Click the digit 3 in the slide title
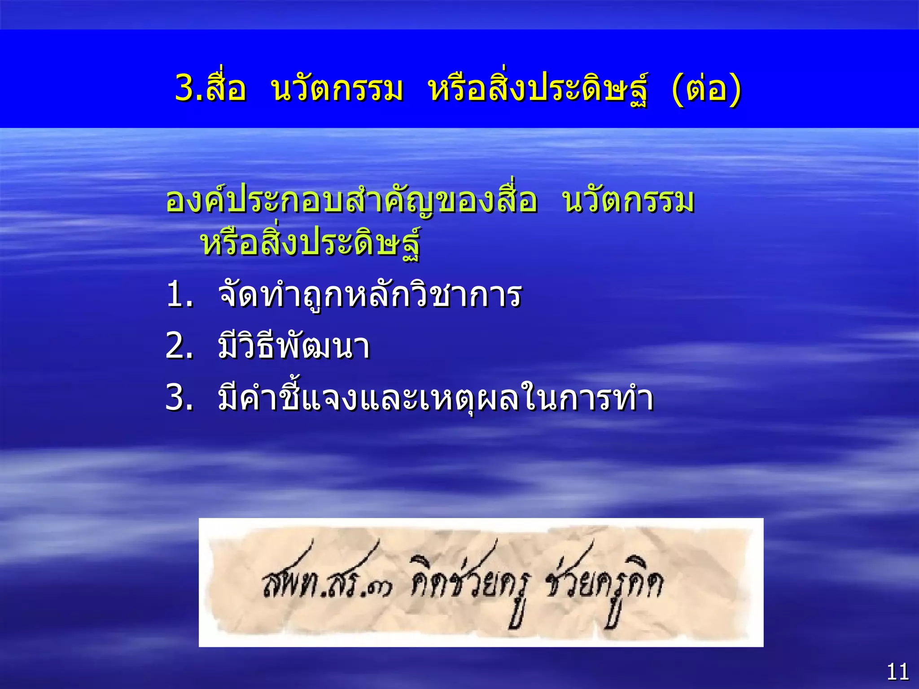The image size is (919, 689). click(x=185, y=88)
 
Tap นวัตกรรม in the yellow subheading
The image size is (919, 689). click(x=628, y=201)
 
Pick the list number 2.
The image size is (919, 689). click(x=179, y=347)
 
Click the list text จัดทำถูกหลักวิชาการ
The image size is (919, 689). click(x=369, y=295)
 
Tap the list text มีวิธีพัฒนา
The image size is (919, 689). click(x=294, y=347)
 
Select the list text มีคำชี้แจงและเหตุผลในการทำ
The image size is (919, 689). click(x=435, y=398)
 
